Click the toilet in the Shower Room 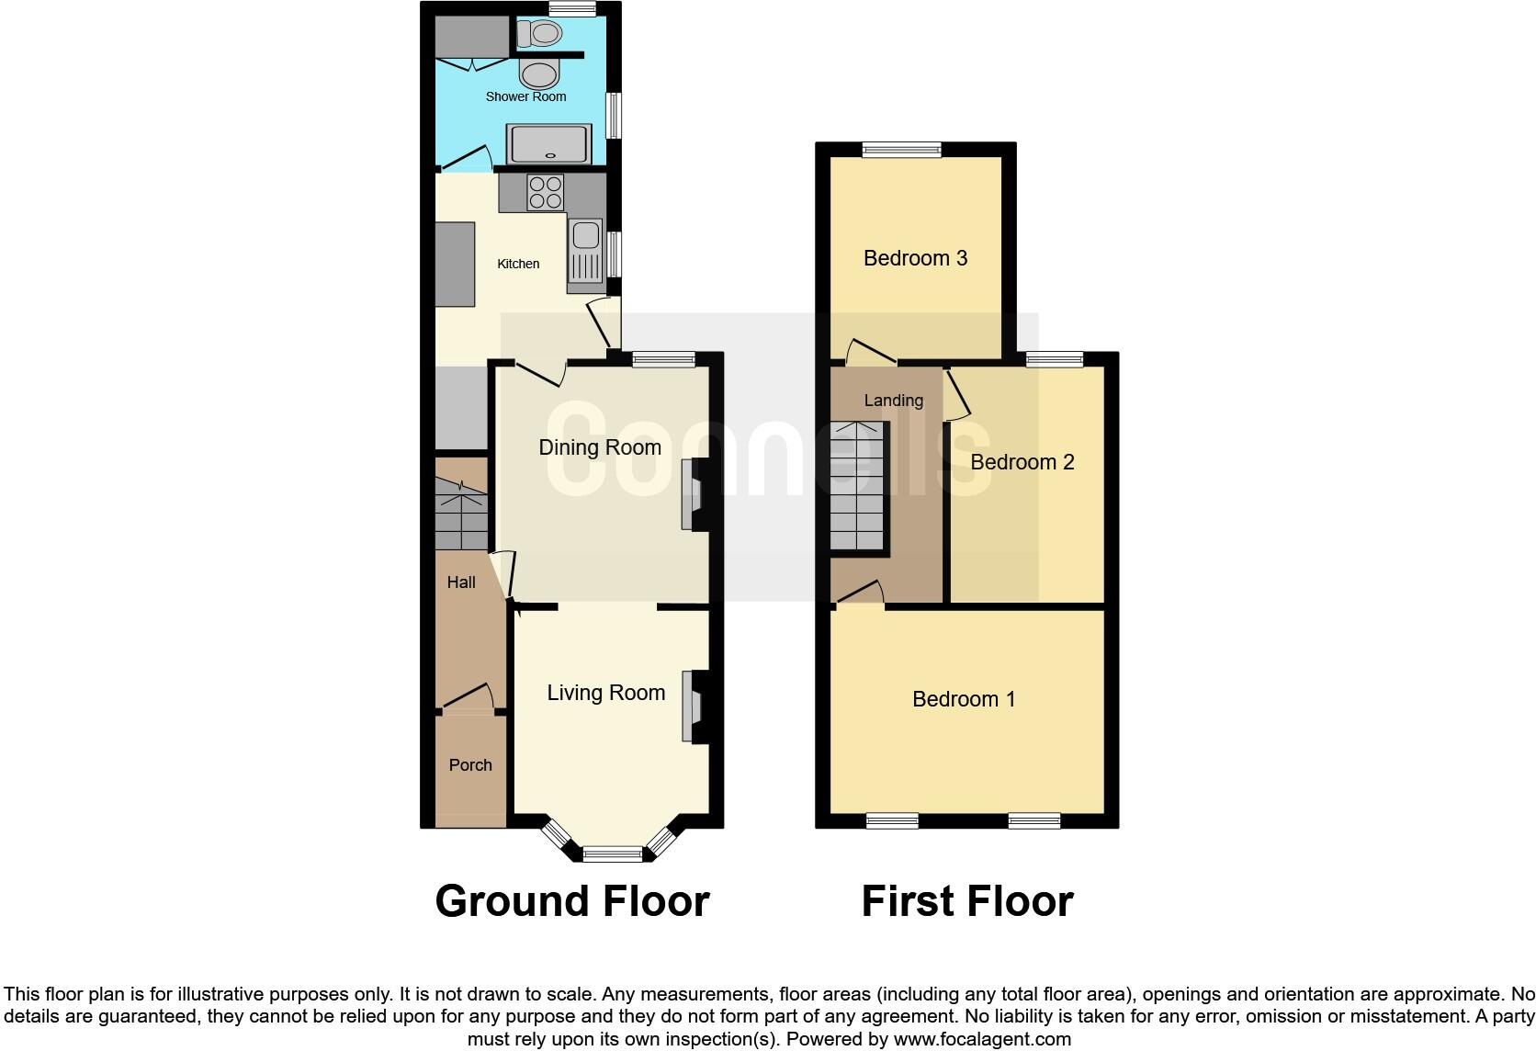(539, 34)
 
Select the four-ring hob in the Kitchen (546, 193)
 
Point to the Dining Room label (599, 447)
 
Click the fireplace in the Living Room (692, 706)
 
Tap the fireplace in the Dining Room (692, 494)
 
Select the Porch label (470, 764)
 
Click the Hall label (461, 582)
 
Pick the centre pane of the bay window (613, 854)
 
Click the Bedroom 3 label (915, 258)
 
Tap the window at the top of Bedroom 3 (901, 149)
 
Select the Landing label (893, 400)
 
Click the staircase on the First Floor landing (857, 487)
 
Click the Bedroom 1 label (964, 699)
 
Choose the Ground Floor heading (572, 901)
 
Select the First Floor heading (967, 901)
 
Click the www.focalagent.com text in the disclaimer (982, 1040)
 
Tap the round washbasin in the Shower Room (539, 73)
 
